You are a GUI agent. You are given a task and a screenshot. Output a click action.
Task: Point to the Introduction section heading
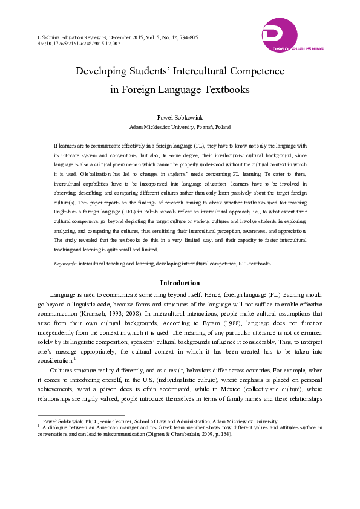[180, 283]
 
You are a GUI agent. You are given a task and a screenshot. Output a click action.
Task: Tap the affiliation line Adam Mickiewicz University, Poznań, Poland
[180, 127]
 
